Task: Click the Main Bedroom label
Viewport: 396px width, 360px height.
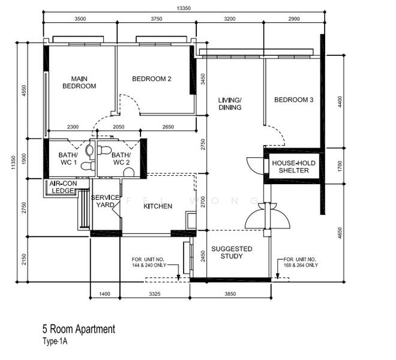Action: pyautogui.click(x=79, y=83)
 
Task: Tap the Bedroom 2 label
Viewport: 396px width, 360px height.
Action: pyautogui.click(x=152, y=79)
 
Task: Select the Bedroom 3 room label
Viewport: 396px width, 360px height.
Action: pyautogui.click(x=294, y=100)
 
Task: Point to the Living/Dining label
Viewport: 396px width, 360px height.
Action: pyautogui.click(x=230, y=104)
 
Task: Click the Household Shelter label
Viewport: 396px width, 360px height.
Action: pyautogui.click(x=294, y=167)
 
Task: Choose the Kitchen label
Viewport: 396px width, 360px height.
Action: pyautogui.click(x=158, y=206)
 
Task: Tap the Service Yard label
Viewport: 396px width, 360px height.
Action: pyautogui.click(x=105, y=201)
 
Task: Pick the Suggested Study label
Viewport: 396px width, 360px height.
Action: pyautogui.click(x=232, y=253)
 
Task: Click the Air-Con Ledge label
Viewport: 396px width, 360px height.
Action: pyautogui.click(x=63, y=187)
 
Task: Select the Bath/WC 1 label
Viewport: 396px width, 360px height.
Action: pyautogui.click(x=68, y=158)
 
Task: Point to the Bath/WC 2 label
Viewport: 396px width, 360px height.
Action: pyautogui.click(x=121, y=158)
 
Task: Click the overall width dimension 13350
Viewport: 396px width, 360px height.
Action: pyautogui.click(x=184, y=8)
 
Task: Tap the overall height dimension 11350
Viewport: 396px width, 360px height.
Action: pyautogui.click(x=14, y=163)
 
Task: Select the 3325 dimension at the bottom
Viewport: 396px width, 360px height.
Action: pyautogui.click(x=155, y=294)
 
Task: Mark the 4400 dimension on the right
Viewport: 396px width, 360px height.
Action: pyautogui.click(x=340, y=101)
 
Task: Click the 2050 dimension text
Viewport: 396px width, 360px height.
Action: pyautogui.click(x=118, y=127)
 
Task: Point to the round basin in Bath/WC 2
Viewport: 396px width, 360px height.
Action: pyautogui.click(x=129, y=173)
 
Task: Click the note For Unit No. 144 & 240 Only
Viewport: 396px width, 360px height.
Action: pyautogui.click(x=149, y=262)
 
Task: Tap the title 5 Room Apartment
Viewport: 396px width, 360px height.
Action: pyautogui.click(x=79, y=329)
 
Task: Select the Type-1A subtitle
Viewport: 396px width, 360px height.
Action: pyautogui.click(x=55, y=341)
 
